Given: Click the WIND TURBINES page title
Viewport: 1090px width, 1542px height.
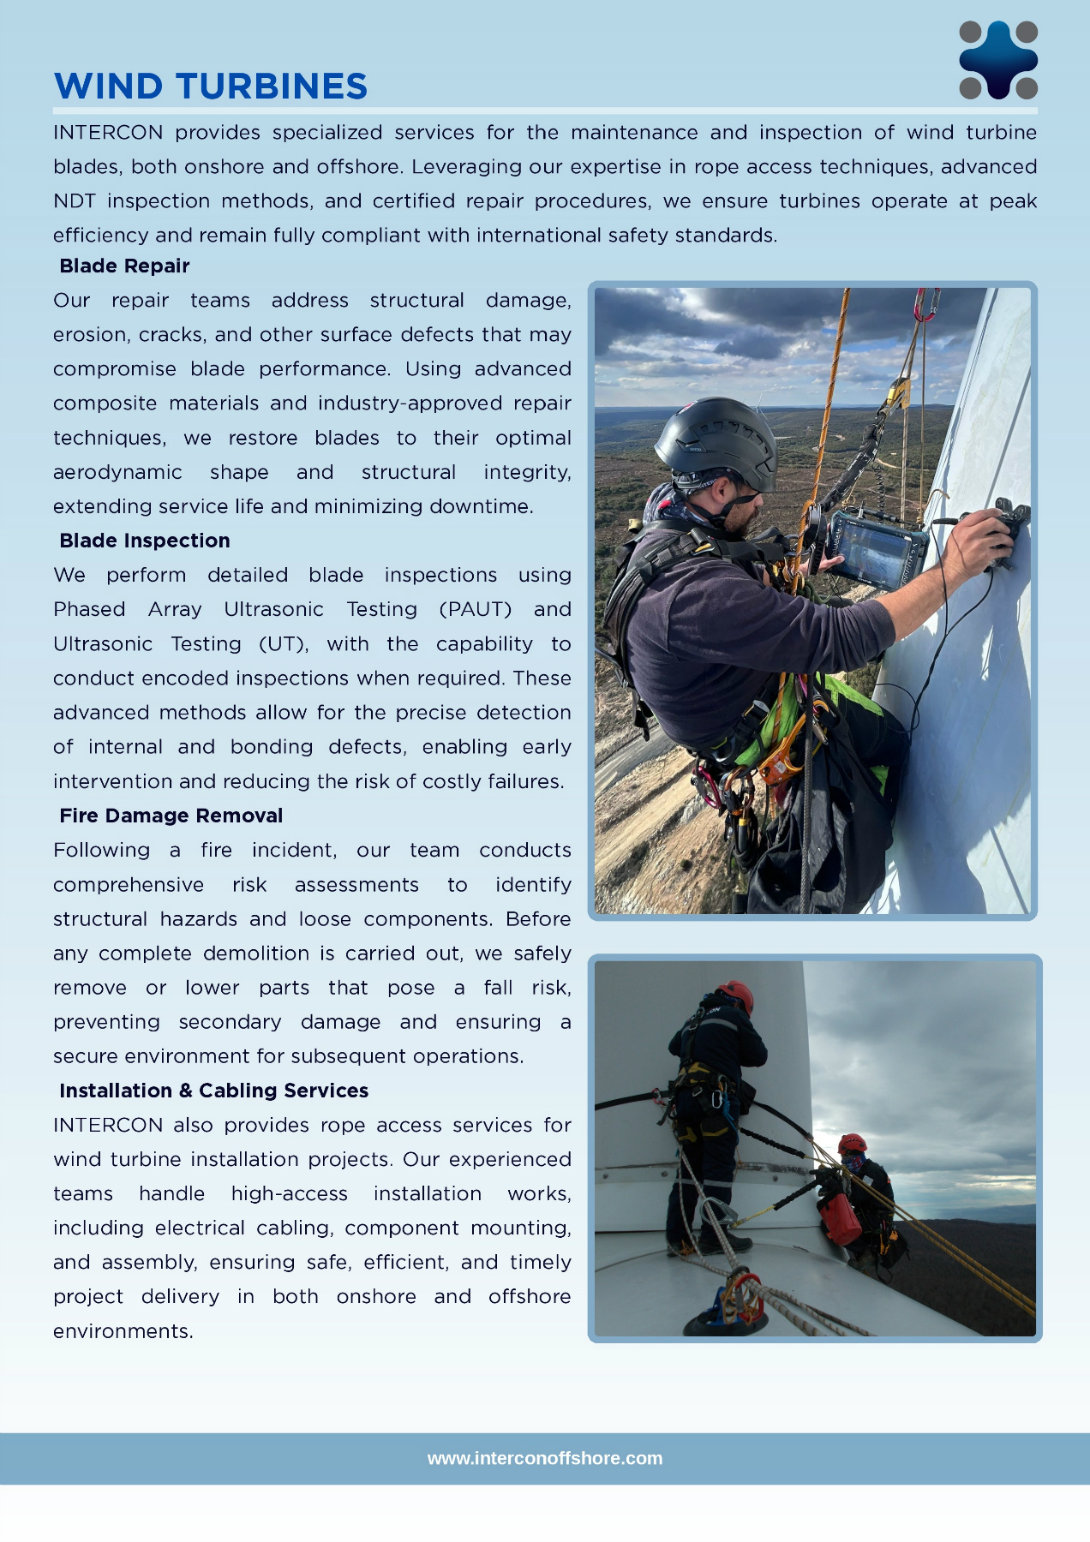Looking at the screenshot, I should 211,87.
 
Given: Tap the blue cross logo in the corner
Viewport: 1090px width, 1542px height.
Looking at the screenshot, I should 998,60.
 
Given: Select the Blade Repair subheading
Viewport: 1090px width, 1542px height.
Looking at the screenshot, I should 124,266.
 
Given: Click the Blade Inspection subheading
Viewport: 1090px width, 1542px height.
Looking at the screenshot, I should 145,541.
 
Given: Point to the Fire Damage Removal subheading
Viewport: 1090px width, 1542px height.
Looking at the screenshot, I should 171,816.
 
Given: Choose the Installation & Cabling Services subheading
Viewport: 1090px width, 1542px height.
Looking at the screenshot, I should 213,1091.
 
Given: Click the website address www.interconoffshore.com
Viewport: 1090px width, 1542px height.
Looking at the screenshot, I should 545,1458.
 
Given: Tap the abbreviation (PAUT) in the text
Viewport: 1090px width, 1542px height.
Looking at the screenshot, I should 475,609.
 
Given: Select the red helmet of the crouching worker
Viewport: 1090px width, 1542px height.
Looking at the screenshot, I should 853,1144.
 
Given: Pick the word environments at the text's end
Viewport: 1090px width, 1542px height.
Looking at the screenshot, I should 123,1331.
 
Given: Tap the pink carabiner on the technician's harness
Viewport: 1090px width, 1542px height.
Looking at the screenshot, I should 707,786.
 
